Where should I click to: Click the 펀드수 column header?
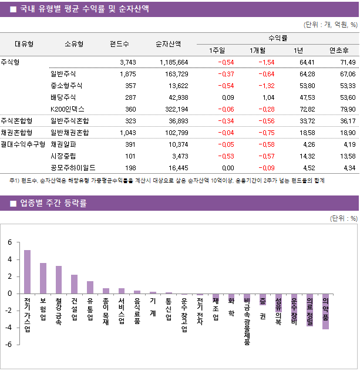point(120,43)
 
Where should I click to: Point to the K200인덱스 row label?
point(68,109)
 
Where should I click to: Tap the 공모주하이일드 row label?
point(73,167)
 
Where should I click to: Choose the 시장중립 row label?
point(63,156)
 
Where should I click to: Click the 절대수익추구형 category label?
point(23,144)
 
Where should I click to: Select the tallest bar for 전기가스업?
point(27,272)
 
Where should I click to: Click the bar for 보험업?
point(43,278)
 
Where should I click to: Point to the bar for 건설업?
point(75,284)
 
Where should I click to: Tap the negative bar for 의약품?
point(325,311)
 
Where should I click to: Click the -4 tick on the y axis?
point(9,328)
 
